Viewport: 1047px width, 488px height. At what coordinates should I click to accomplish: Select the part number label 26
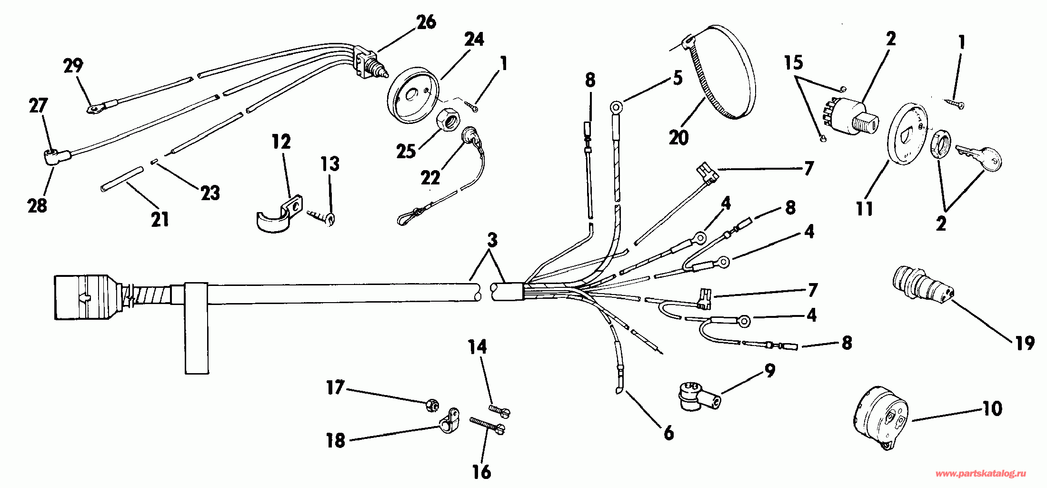426,22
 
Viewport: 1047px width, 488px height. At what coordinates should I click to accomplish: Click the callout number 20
678,137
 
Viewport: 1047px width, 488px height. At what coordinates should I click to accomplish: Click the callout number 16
481,471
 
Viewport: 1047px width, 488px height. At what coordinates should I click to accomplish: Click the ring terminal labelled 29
95,109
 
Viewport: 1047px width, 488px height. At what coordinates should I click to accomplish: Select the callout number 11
865,208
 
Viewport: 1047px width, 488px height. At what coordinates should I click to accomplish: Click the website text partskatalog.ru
981,474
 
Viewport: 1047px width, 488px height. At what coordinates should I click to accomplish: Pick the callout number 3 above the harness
492,239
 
